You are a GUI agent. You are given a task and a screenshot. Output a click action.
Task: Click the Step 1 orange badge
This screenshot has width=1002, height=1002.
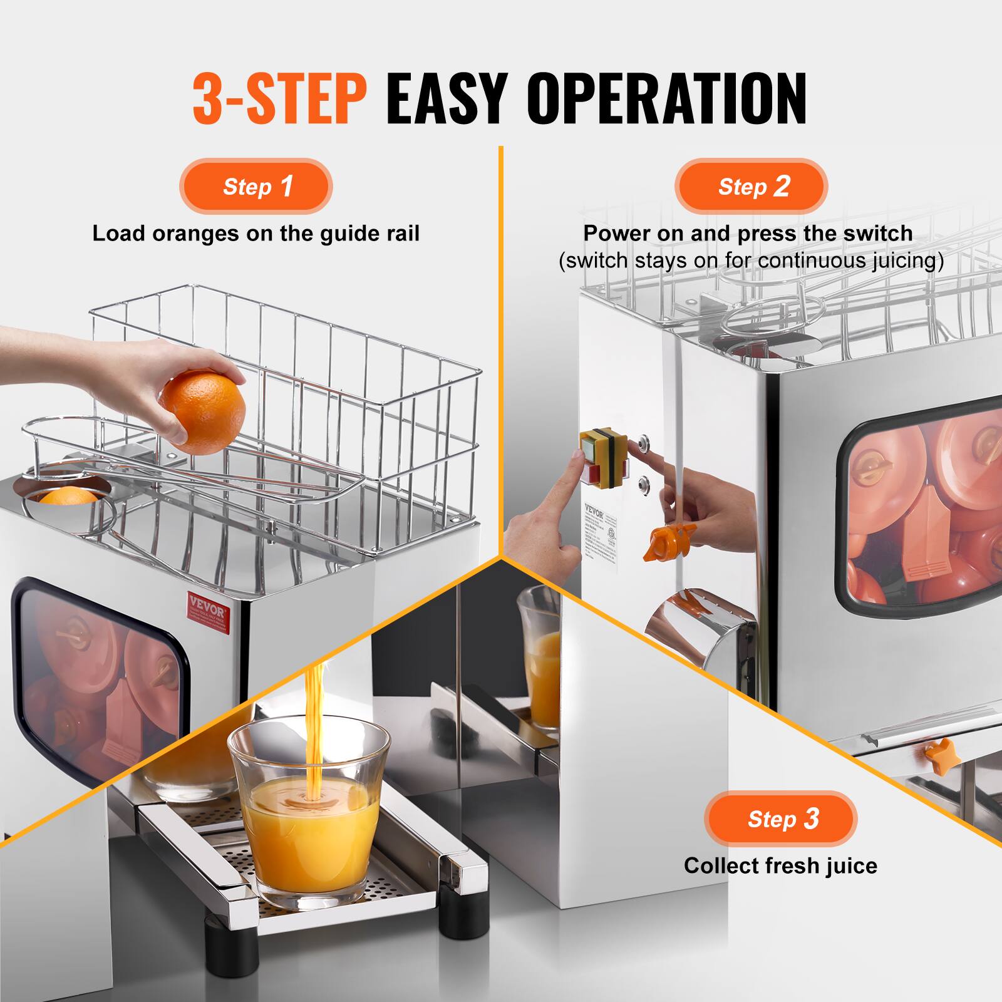(256, 187)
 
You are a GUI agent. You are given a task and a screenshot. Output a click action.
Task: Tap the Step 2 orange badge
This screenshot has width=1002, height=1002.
(751, 187)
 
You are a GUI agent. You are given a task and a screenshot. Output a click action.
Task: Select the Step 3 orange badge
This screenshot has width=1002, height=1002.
(780, 819)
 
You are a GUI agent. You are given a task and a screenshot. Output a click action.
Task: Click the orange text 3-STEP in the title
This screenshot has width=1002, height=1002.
(279, 99)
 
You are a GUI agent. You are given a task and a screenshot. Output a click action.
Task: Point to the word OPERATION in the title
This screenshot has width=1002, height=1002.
(666, 99)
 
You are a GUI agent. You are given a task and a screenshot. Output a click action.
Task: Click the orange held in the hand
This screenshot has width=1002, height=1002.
(202, 411)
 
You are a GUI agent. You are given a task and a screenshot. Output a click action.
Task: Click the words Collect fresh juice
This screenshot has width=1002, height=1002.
(780, 865)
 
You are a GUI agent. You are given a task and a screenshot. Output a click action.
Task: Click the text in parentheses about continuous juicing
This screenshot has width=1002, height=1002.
(751, 261)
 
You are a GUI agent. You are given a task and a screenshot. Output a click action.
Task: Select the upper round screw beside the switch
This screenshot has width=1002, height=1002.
(643, 445)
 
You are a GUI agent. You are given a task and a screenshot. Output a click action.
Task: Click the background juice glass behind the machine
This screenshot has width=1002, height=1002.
(540, 658)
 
